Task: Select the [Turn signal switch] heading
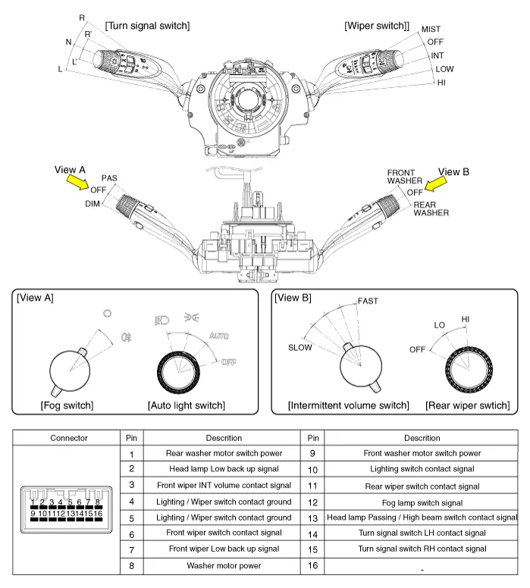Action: pos(147,26)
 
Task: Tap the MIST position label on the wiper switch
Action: pos(431,30)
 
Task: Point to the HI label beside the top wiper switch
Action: pos(441,82)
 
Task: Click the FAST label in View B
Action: pos(368,301)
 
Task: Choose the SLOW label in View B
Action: pos(299,348)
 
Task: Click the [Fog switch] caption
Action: pos(67,405)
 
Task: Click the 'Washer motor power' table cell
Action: pos(224,565)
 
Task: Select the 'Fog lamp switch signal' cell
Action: pos(422,502)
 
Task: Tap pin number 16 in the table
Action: pos(312,565)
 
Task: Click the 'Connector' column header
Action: pos(69,438)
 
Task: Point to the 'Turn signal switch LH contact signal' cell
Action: pos(422,533)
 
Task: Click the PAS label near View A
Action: pos(109,178)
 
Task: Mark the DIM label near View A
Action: pos(93,204)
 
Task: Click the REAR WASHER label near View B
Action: pos(431,208)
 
